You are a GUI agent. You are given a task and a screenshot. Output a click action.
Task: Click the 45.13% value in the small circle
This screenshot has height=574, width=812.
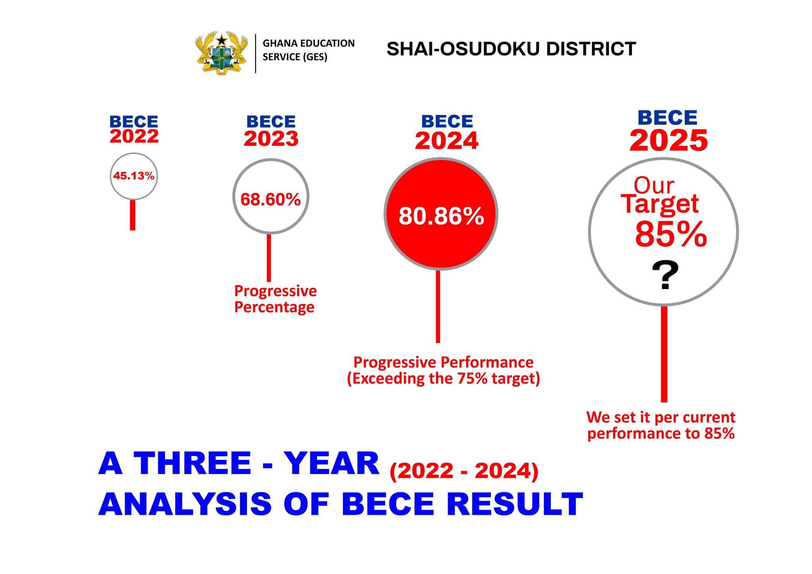point(134,176)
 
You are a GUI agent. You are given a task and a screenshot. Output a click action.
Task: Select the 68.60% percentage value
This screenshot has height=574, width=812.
point(270,199)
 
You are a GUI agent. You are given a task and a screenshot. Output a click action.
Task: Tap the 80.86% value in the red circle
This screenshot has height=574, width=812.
point(441,216)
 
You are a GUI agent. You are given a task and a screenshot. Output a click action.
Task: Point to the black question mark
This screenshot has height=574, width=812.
point(665,276)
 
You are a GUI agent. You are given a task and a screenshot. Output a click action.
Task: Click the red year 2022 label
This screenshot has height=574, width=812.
point(134,137)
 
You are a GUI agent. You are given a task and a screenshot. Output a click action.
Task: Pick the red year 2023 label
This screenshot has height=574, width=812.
point(271,139)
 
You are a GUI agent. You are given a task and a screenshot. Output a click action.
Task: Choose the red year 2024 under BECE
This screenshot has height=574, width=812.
point(446,141)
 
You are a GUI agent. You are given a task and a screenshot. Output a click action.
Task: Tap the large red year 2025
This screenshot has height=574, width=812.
point(668,141)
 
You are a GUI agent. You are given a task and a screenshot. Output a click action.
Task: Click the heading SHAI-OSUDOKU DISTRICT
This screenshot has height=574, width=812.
point(511,49)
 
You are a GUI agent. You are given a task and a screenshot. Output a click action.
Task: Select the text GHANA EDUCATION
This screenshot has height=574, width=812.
point(308,43)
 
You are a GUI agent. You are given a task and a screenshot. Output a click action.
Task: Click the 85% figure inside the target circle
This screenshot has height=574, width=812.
point(671,234)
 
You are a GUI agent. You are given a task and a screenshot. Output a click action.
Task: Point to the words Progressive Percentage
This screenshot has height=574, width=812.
point(275,299)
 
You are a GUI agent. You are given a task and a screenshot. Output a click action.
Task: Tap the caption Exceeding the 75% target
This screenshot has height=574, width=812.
point(443,379)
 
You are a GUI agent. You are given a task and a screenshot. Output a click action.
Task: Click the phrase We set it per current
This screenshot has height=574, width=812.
point(661,417)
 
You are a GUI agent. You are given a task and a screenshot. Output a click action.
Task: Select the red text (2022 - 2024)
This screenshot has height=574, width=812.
point(464,471)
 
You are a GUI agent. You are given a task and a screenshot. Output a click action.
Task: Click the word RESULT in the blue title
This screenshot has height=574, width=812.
point(515,504)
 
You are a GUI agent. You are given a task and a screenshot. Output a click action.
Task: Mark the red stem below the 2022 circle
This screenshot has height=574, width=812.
point(133,215)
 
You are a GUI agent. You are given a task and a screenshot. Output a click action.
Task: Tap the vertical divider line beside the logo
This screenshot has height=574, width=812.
point(255,54)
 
